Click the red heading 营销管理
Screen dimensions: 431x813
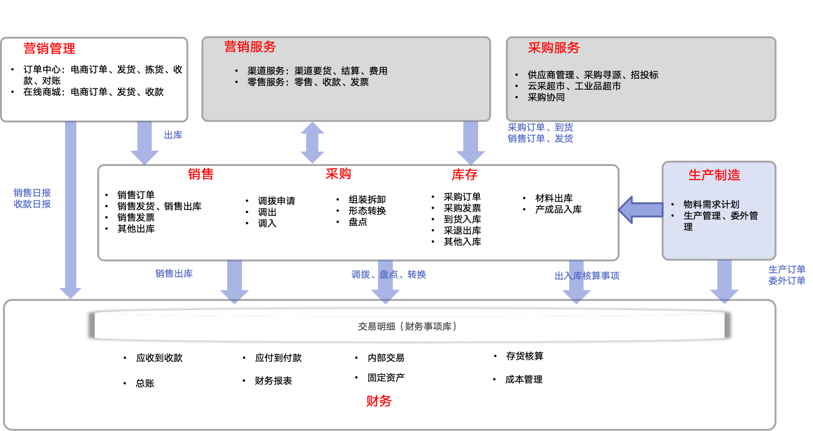pos(49,48)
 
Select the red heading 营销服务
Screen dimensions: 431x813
pos(250,47)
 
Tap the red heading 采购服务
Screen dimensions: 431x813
pos(554,48)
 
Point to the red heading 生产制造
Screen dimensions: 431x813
pos(714,175)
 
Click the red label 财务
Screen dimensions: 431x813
pos(379,401)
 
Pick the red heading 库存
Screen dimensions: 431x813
pos(465,174)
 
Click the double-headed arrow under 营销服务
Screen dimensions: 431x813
pos(312,143)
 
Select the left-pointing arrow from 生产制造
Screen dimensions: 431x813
pos(641,210)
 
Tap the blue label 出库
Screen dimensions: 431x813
pos(173,135)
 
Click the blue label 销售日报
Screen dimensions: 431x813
pos(32,193)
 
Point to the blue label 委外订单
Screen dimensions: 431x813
pos(787,281)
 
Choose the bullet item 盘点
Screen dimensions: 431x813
pos(358,222)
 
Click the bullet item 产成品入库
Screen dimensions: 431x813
pos(558,209)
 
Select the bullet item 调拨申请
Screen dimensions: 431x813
pos(277,201)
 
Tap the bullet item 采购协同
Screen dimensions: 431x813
pos(546,97)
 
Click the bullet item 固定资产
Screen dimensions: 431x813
pos(386,378)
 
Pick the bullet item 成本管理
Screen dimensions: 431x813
pos(523,379)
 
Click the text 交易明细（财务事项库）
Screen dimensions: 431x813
pos(407,327)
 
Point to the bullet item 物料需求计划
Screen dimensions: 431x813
pos(711,205)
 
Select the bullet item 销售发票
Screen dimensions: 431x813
pos(136,218)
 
